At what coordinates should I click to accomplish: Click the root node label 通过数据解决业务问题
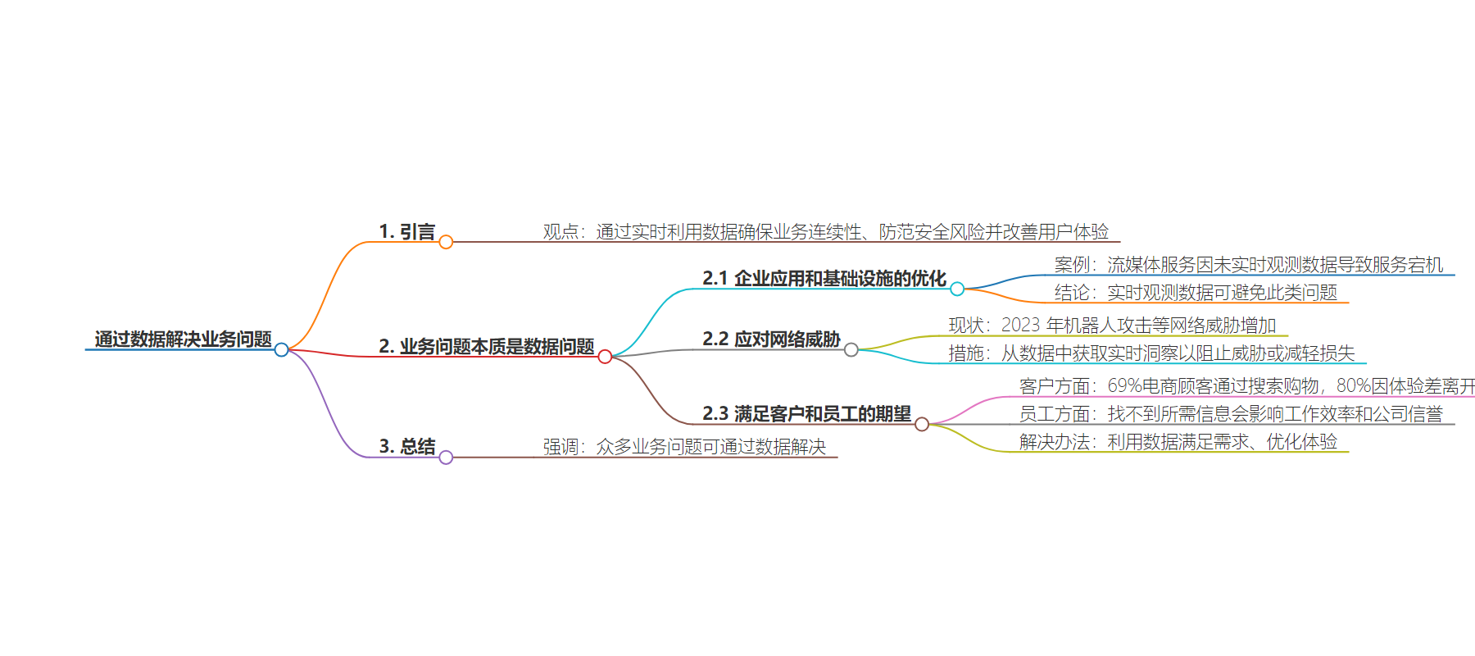(183, 339)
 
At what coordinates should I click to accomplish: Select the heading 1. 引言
(406, 232)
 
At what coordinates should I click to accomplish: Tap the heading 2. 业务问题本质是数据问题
(486, 347)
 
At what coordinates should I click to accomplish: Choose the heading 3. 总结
(406, 447)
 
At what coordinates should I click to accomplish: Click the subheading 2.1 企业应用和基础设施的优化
(824, 279)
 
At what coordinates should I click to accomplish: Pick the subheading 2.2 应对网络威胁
(771, 339)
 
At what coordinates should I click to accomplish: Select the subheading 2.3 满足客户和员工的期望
(806, 414)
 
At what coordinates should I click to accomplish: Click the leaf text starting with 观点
(825, 232)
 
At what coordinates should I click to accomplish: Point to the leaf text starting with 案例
(1248, 265)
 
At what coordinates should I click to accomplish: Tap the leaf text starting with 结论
(1196, 293)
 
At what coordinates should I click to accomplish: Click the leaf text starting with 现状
(1112, 326)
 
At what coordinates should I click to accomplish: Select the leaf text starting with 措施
(1151, 353)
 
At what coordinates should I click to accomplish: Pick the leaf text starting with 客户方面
(1246, 386)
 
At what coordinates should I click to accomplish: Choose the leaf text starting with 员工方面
(1230, 414)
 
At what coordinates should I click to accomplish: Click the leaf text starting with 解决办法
(1178, 442)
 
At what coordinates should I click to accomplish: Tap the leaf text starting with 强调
(684, 447)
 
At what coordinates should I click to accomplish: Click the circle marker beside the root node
(281, 350)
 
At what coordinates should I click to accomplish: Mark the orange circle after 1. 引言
(446, 242)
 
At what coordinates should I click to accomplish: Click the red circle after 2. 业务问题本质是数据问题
(605, 357)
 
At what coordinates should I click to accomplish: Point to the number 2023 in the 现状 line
(1020, 326)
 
